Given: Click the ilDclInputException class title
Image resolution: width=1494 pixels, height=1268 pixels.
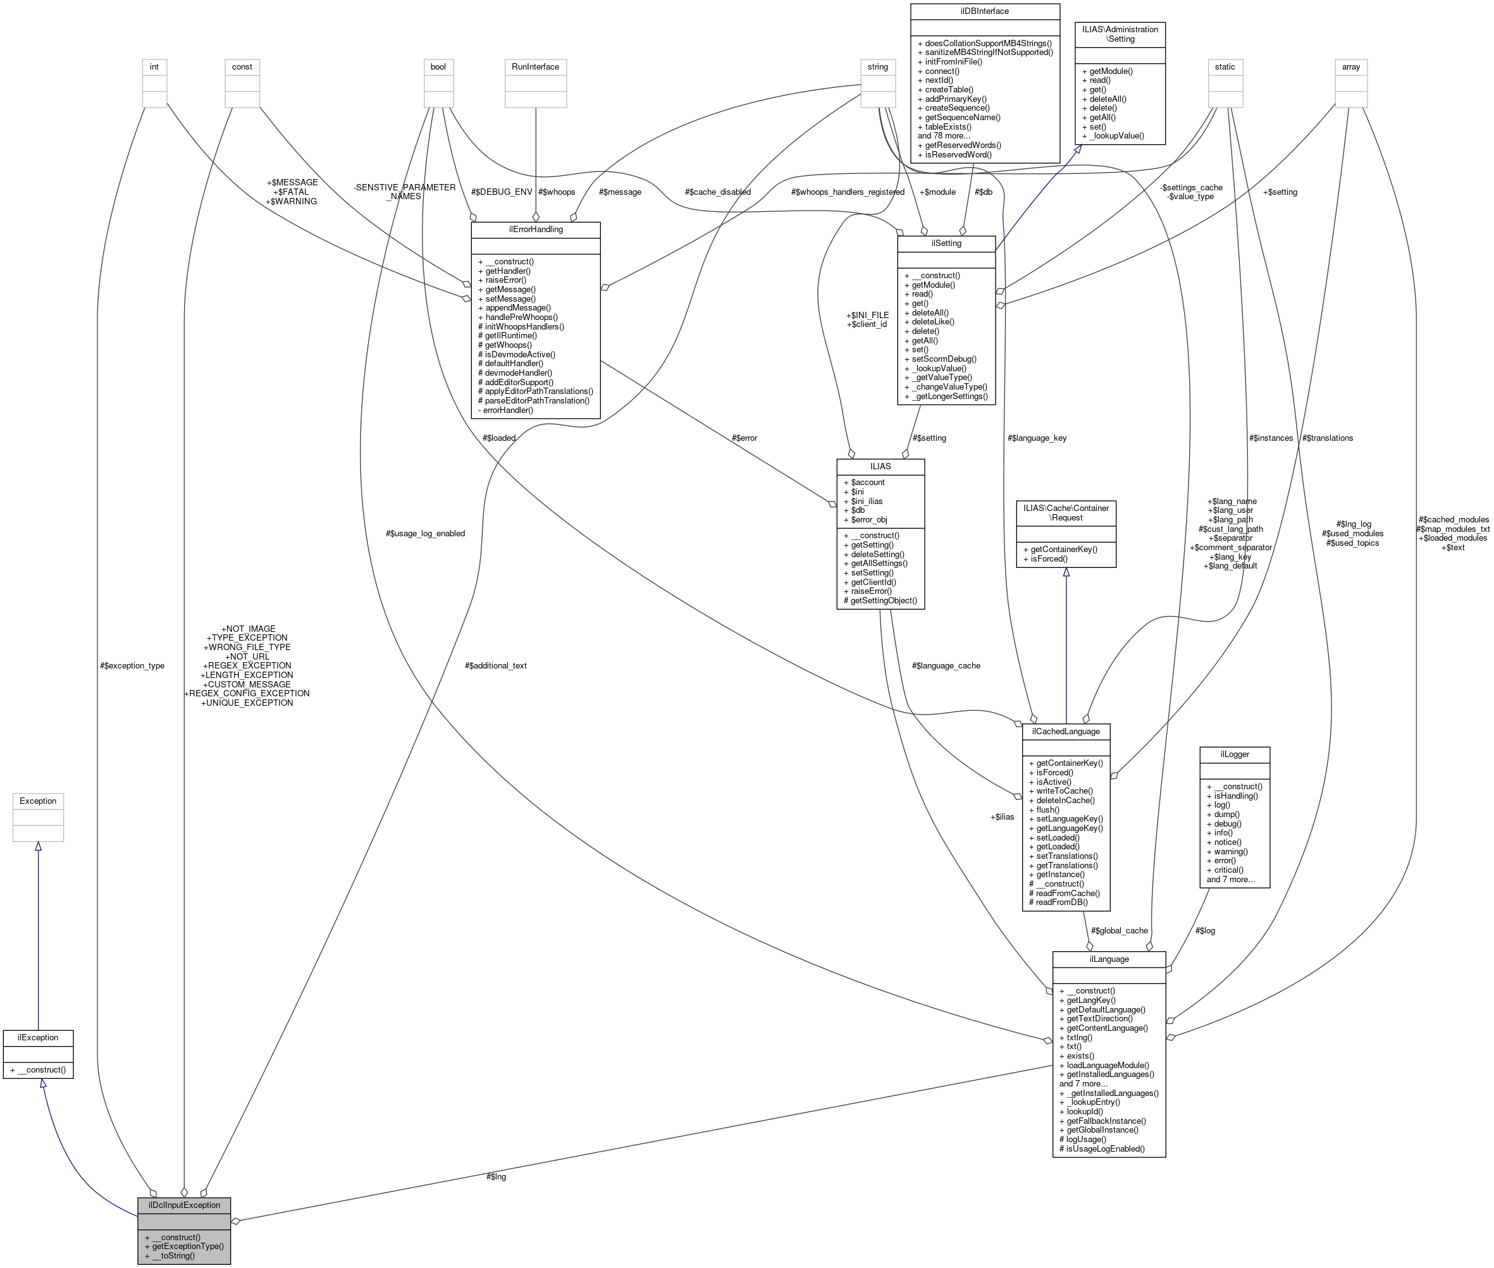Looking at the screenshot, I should [184, 1205].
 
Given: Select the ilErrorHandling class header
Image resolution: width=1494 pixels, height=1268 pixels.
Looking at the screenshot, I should [536, 230].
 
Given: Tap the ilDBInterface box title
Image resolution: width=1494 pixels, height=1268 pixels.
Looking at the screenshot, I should [984, 11].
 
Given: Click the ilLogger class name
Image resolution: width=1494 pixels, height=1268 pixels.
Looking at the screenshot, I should [1235, 754].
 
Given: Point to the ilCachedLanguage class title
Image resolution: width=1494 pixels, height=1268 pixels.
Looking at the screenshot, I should [1066, 731].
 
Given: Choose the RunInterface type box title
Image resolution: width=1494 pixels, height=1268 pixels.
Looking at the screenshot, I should [535, 67].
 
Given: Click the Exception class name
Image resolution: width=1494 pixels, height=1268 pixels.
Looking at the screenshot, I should [38, 801].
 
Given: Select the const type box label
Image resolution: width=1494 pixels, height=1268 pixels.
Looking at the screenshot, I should [242, 67].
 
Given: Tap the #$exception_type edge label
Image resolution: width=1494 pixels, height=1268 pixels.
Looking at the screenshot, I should [132, 666].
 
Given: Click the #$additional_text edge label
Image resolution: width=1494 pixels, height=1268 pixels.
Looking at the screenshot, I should [495, 666].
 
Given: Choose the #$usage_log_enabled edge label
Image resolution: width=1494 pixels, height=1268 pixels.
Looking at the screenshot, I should [425, 533].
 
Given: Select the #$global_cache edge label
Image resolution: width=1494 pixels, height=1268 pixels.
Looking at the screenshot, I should [1120, 930].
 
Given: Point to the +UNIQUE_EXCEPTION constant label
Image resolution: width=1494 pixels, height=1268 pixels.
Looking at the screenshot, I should [247, 703].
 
